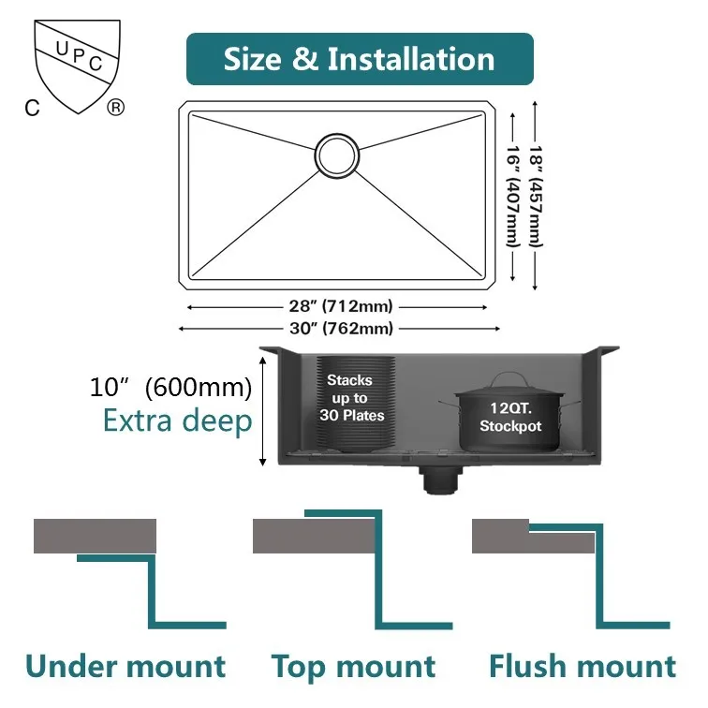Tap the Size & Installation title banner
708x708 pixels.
(359, 59)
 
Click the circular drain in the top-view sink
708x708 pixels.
(334, 154)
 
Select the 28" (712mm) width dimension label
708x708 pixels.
(341, 306)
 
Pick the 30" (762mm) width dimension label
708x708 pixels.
(341, 328)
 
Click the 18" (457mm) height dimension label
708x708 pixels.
(536, 195)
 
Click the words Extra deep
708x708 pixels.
(177, 421)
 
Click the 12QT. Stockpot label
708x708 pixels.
(510, 418)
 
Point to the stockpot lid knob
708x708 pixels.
(509, 375)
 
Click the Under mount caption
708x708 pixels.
(125, 667)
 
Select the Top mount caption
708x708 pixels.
(353, 667)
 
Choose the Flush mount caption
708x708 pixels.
(582, 667)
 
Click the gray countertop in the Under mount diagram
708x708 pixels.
(95, 536)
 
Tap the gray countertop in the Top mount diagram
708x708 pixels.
(315, 536)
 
